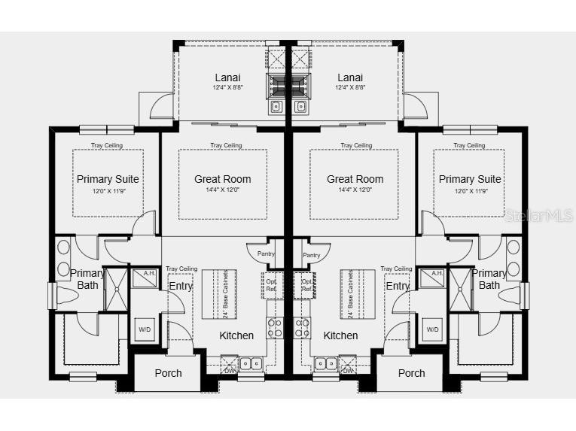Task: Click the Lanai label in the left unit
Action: (x=227, y=77)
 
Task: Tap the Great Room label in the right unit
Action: (x=355, y=179)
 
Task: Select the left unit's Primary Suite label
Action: (x=108, y=179)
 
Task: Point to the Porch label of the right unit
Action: (x=411, y=373)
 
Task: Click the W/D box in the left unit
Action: (x=145, y=329)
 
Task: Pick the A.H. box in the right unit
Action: (x=432, y=274)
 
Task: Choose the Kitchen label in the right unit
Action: (x=340, y=335)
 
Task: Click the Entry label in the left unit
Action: (x=181, y=286)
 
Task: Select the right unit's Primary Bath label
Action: (x=489, y=279)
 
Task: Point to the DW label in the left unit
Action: (x=230, y=370)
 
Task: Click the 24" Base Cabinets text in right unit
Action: (x=351, y=294)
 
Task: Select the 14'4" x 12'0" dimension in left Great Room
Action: (x=222, y=190)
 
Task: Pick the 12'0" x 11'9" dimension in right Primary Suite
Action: (x=470, y=191)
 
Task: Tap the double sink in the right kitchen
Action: (x=326, y=363)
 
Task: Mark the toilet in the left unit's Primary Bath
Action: (x=61, y=295)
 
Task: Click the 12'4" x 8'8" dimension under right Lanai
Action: (x=350, y=88)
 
